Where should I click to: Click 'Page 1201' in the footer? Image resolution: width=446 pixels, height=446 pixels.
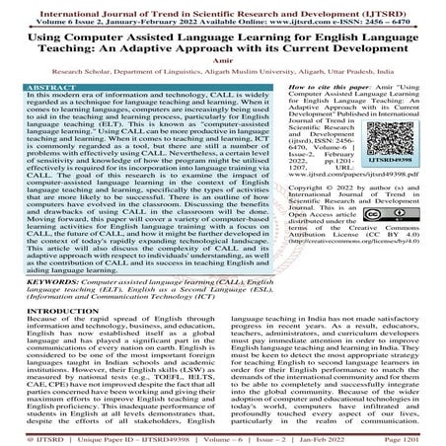(416, 438)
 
